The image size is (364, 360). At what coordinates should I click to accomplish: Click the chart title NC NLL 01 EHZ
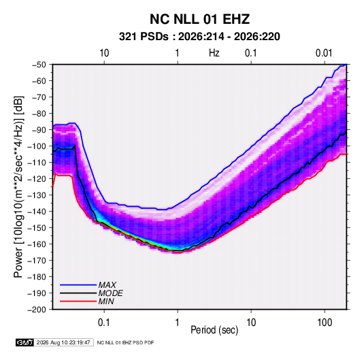click(x=199, y=19)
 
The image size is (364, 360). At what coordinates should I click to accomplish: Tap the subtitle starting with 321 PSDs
click(x=199, y=37)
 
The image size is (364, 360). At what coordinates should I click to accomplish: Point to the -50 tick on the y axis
click(x=39, y=65)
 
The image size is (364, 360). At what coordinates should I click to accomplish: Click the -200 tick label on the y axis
click(x=37, y=310)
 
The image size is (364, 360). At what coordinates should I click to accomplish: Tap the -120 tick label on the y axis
click(x=37, y=179)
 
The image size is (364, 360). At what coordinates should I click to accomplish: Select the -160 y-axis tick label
click(x=37, y=244)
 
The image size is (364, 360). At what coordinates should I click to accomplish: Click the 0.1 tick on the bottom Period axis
click(x=104, y=323)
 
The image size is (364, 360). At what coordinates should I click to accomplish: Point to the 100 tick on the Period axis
click(x=325, y=323)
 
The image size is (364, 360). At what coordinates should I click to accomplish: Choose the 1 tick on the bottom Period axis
click(x=177, y=323)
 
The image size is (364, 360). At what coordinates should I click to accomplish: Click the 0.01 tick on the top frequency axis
click(x=324, y=53)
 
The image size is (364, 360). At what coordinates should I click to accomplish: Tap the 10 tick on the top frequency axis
click(x=104, y=53)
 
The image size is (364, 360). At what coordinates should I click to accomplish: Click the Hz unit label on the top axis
click(x=214, y=53)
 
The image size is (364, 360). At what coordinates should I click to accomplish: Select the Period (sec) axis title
click(x=214, y=330)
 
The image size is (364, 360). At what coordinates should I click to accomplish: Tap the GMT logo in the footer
click(x=25, y=342)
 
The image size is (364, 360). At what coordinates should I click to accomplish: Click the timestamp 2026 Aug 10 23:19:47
click(x=63, y=342)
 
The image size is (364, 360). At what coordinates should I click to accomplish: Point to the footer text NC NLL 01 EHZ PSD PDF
click(x=125, y=342)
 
